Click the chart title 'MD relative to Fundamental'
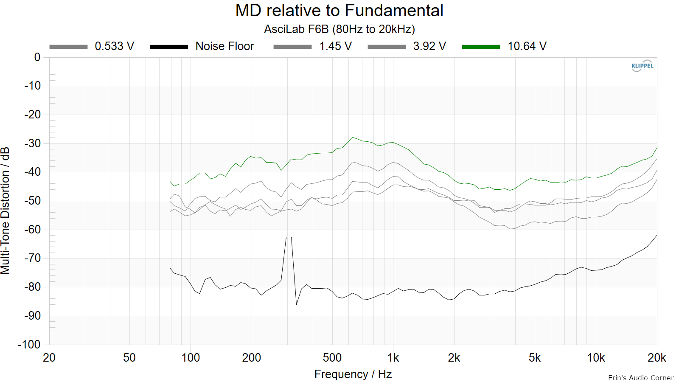[339, 11]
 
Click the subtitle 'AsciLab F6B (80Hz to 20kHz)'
[339, 29]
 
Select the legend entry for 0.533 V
[92, 46]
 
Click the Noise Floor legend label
[224, 46]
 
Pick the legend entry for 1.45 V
[312, 46]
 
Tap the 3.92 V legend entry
[407, 46]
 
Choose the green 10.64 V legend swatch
[481, 47]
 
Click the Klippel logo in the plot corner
[643, 66]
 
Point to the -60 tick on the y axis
[32, 230]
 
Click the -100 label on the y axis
[29, 345]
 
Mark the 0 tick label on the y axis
[37, 57]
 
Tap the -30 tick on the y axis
[32, 143]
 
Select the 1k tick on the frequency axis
[393, 358]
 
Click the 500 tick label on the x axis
[332, 358]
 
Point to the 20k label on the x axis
[657, 358]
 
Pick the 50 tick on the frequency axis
[129, 358]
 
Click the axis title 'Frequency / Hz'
[353, 374]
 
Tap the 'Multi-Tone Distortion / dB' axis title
[5, 211]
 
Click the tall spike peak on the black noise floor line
[289, 237]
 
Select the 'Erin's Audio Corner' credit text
[641, 378]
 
